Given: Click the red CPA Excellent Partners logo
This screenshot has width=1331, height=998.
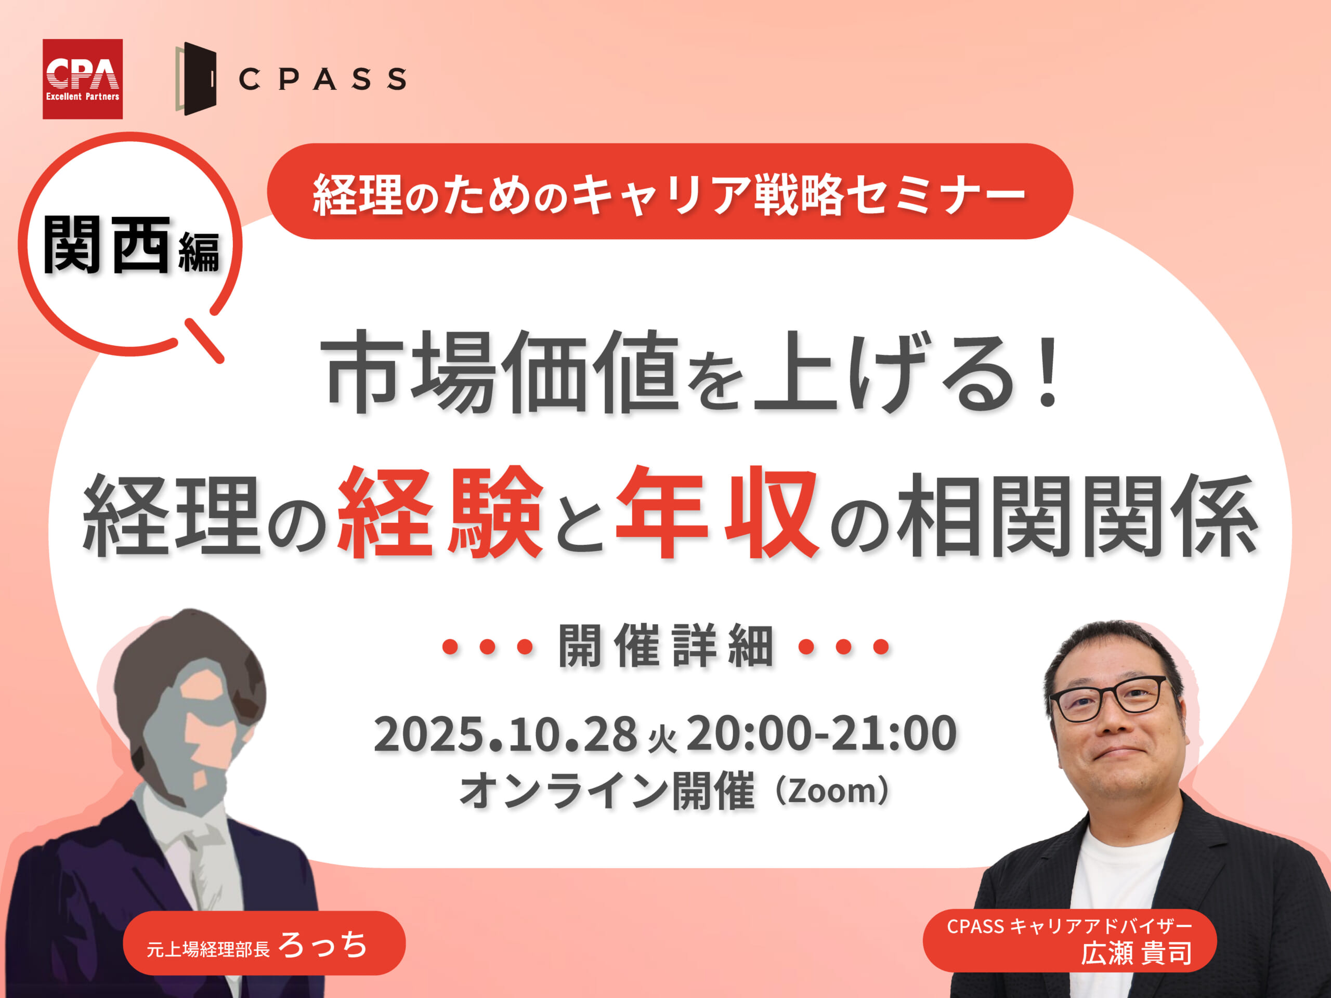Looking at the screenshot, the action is point(83,79).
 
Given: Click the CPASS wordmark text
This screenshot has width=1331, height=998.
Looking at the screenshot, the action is point(322,79).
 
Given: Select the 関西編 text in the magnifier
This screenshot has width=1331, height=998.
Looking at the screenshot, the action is point(131,245).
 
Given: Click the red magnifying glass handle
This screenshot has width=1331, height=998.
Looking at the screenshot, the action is point(204,341).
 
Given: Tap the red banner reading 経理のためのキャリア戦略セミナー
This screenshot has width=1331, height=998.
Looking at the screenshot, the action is point(670,191).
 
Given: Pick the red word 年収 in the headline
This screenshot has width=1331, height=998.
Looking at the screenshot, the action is point(716,512).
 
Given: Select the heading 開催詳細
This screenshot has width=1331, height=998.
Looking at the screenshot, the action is point(665,646).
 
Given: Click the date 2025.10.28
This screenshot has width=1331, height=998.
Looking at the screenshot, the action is point(505,734).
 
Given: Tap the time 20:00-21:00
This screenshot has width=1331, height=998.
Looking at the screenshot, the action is point(821,733).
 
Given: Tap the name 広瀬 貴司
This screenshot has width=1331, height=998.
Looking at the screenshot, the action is point(1136,953).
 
